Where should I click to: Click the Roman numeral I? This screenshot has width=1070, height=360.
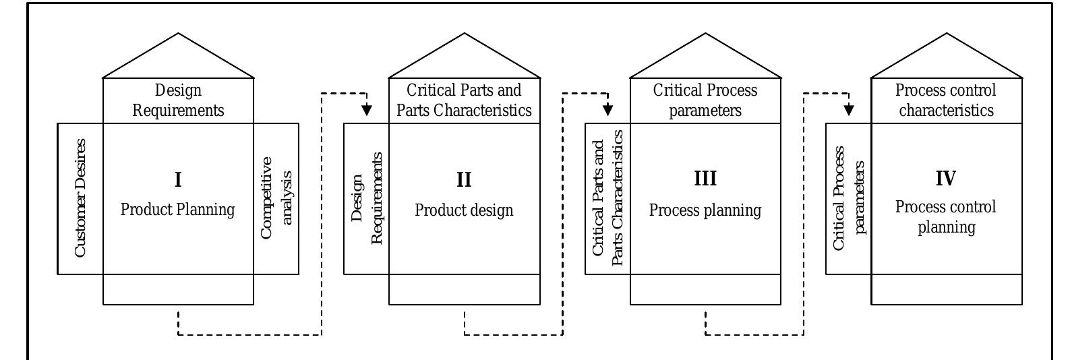click(x=178, y=180)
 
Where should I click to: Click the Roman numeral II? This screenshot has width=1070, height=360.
click(x=464, y=180)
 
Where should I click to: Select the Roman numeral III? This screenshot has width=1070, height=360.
click(x=705, y=179)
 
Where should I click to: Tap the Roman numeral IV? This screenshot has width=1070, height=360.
click(x=945, y=179)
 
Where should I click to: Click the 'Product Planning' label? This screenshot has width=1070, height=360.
click(x=178, y=210)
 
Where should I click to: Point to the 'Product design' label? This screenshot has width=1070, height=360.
click(x=464, y=210)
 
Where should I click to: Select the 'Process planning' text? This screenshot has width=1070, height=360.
click(x=705, y=210)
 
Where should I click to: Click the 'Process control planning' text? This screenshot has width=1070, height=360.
click(x=945, y=217)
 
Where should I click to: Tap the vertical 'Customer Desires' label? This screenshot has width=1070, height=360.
click(x=80, y=198)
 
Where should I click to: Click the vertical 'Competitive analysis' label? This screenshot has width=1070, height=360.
click(x=276, y=198)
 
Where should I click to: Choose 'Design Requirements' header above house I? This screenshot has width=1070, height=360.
click(x=178, y=100)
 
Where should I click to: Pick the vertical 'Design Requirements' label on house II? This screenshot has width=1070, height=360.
click(x=367, y=198)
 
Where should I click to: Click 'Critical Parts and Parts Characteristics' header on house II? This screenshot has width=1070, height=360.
click(x=464, y=100)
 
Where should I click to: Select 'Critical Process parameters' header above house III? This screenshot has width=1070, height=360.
click(x=705, y=100)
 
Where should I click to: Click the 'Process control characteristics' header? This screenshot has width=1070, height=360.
click(x=945, y=100)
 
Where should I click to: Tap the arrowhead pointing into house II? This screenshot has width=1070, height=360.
click(x=366, y=109)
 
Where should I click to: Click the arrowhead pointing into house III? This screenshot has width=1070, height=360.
click(x=607, y=109)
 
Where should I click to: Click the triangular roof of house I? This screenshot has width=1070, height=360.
click(x=178, y=61)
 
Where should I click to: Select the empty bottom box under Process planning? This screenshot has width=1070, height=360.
click(x=705, y=289)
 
